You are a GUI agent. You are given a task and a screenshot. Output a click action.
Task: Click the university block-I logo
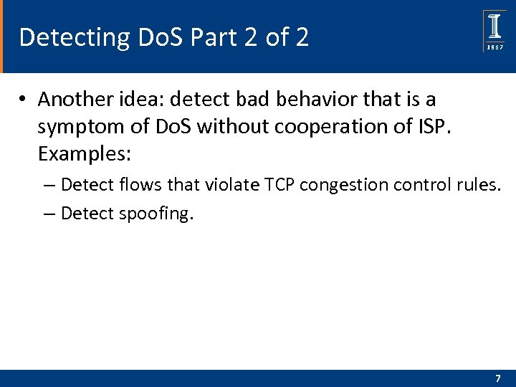495,27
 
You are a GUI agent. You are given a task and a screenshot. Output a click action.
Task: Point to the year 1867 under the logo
495,47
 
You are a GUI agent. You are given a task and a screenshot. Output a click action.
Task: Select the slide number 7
498,378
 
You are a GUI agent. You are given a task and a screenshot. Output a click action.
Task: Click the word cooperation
333,127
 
